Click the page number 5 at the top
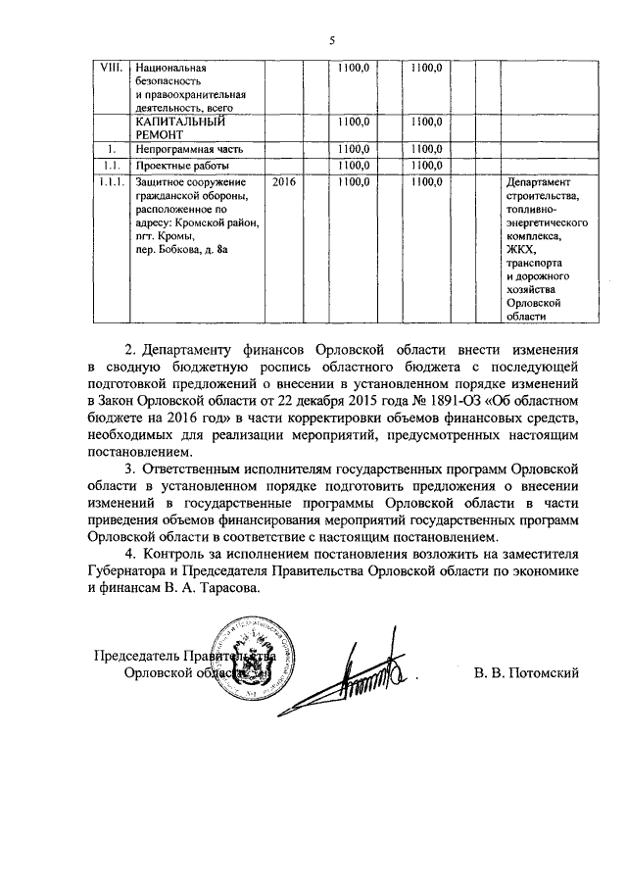(332, 41)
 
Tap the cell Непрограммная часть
(187, 149)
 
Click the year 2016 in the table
(283, 182)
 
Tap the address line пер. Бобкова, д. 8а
(181, 251)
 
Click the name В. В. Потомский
(525, 672)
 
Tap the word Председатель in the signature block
(139, 656)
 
